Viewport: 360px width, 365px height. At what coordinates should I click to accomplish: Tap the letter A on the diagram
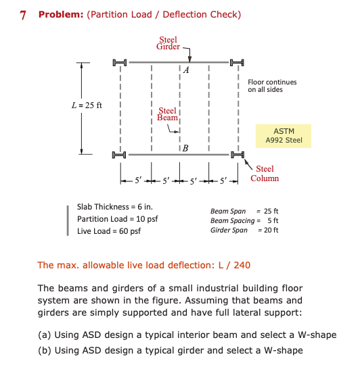pos(185,70)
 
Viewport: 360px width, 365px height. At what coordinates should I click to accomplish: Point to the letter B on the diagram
pos(185,148)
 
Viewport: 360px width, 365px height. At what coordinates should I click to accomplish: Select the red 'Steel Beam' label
pos(167,115)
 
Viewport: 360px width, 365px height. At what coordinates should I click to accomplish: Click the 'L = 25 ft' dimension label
pos(87,105)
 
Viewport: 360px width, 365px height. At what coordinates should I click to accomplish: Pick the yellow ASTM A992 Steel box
pos(284,135)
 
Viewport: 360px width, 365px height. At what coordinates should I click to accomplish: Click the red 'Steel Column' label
pos(265,174)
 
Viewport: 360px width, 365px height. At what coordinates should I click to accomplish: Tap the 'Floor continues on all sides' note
pos(273,86)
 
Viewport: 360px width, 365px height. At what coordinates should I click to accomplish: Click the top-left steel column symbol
pos(120,63)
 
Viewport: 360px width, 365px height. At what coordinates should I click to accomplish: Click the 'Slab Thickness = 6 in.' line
pos(115,206)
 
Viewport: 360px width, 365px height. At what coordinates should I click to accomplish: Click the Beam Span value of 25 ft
pos(271,212)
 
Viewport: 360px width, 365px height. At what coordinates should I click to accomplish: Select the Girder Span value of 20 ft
pos(271,230)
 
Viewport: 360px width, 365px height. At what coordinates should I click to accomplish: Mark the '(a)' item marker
pos(45,335)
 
